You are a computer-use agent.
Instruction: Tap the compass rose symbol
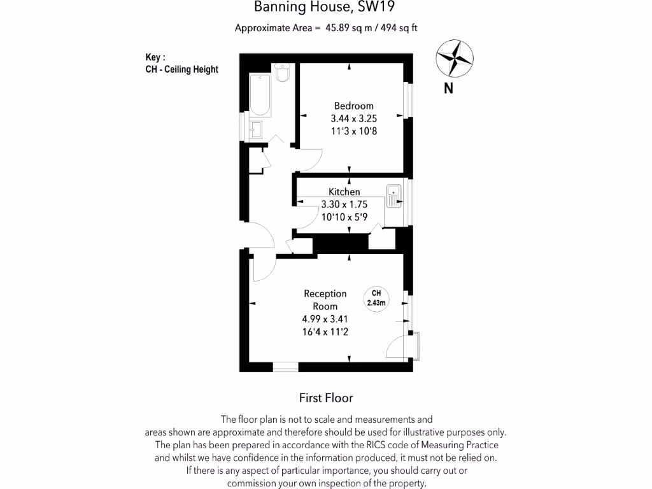(455, 59)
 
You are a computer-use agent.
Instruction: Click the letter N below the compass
(448, 89)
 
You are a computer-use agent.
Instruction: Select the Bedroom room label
(353, 106)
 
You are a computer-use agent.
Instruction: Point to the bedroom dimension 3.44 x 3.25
(353, 118)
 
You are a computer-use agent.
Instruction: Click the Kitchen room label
(344, 192)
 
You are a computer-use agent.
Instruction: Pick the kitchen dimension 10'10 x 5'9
(344, 217)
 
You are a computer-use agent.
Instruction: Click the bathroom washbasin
(256, 129)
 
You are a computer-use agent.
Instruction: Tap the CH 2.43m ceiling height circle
(376, 298)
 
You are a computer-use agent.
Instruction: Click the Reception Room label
(325, 300)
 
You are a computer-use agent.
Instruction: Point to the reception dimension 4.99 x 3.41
(325, 319)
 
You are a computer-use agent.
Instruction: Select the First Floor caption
(326, 398)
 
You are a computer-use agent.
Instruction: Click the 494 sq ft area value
(399, 27)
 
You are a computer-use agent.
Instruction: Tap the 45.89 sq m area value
(349, 27)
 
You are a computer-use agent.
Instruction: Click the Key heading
(155, 57)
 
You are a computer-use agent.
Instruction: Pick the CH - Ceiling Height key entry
(181, 69)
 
